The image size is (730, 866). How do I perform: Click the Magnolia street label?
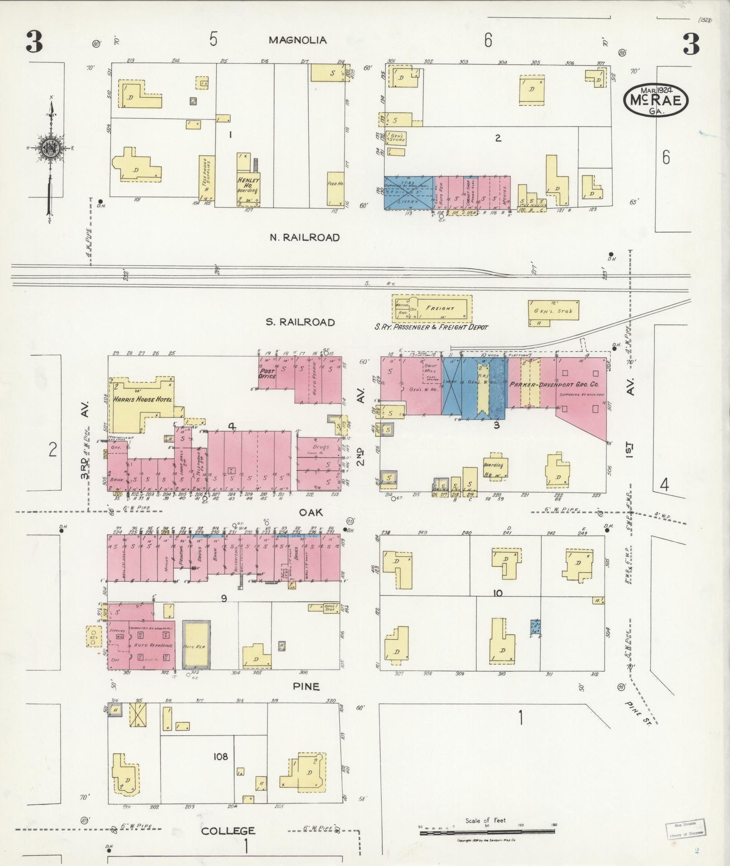(297, 40)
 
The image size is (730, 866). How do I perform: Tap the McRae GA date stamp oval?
(656, 100)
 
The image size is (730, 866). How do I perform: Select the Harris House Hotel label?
(142, 400)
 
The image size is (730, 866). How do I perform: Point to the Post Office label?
(267, 373)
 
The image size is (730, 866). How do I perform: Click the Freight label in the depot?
(440, 308)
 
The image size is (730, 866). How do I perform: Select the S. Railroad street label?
(300, 322)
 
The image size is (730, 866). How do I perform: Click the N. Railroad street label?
(305, 238)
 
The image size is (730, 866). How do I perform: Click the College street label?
(228, 831)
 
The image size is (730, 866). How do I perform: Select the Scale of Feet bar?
(487, 832)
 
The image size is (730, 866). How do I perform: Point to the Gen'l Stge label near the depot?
(553, 311)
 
